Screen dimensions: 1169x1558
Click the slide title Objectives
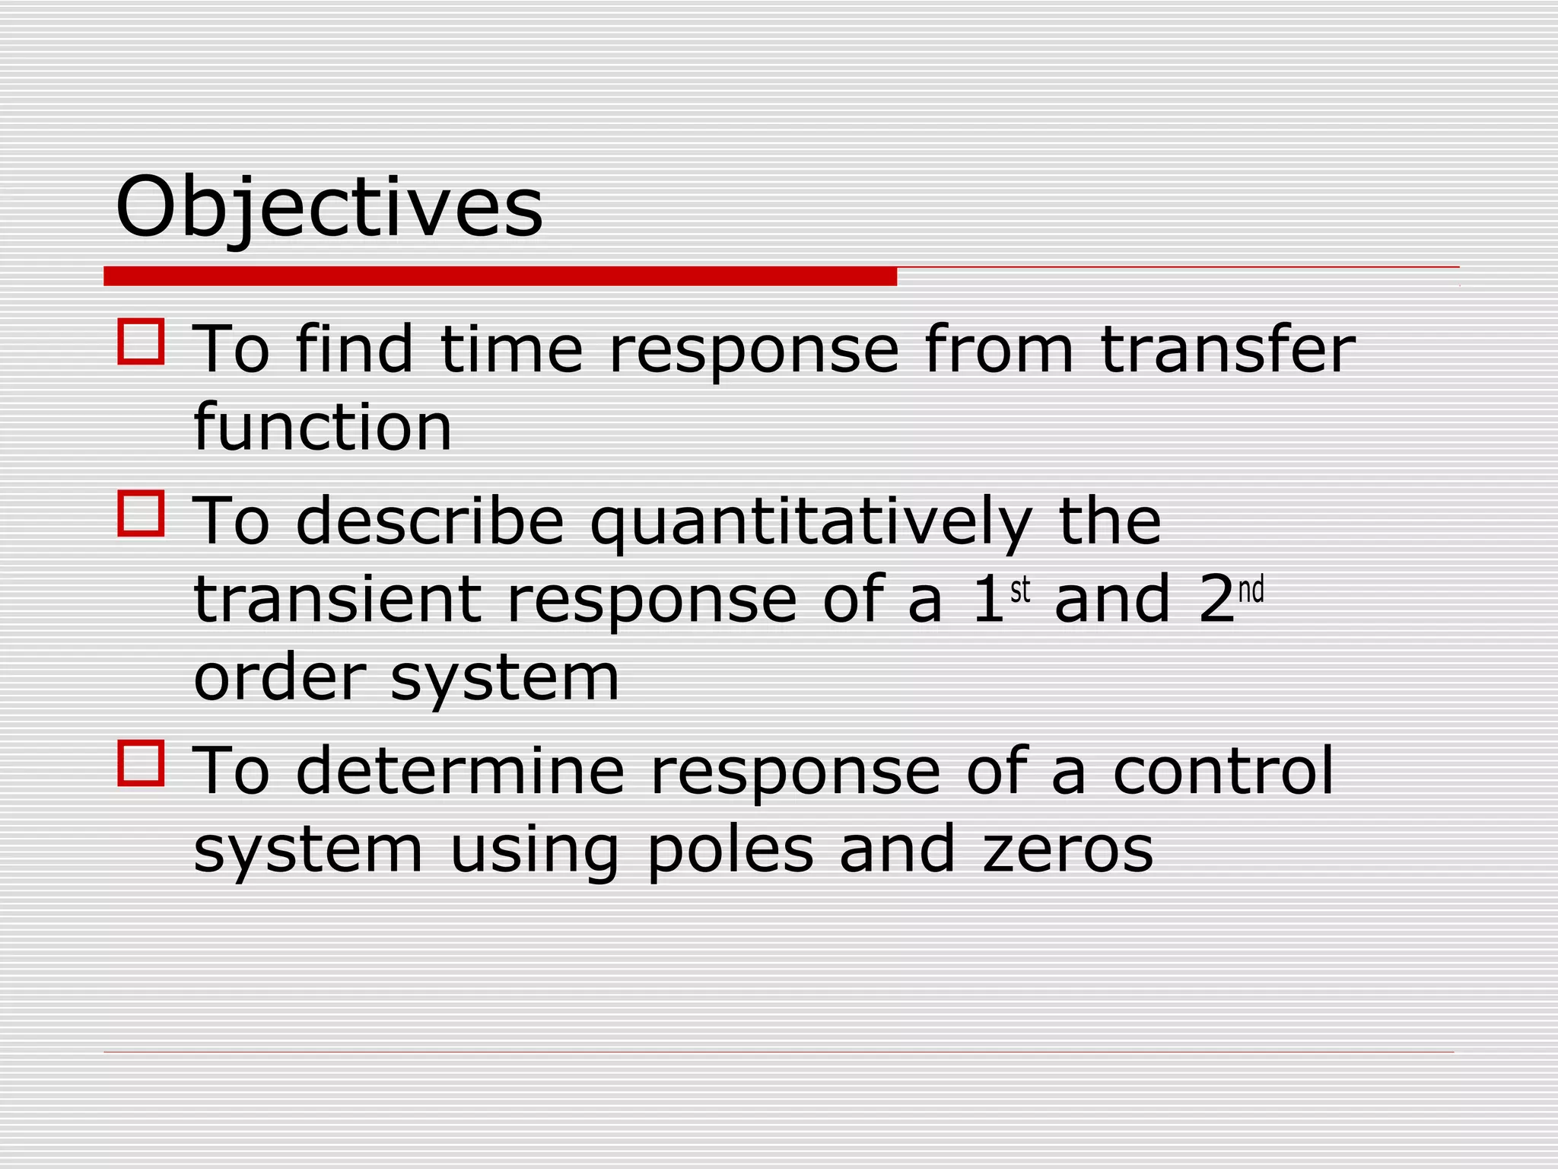click(329, 207)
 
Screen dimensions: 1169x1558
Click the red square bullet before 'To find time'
click(141, 342)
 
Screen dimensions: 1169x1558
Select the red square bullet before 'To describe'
click(141, 514)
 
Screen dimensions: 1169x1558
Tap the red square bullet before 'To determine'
click(141, 763)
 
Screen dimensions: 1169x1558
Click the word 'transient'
click(338, 600)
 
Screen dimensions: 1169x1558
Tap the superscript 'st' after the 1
click(1020, 590)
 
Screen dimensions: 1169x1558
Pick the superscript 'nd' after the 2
click(1251, 590)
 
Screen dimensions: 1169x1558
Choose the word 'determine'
click(459, 772)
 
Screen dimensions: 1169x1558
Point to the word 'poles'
click(730, 851)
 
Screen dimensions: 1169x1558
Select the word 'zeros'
click(1068, 851)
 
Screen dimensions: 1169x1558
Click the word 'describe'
click(429, 521)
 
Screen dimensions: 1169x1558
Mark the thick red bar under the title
click(500, 276)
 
